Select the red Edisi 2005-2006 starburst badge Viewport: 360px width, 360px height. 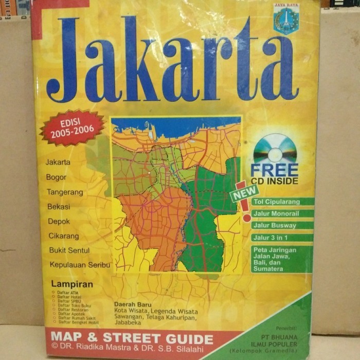coord(73,128)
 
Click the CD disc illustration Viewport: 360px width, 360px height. coord(274,149)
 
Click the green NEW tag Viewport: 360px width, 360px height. coord(244,193)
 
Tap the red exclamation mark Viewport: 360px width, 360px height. coord(246,206)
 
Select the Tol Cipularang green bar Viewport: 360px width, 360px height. coord(282,202)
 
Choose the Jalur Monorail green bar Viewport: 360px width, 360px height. coord(282,213)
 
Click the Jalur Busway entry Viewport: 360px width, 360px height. coord(282,225)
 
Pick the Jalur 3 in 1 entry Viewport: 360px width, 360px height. coord(282,238)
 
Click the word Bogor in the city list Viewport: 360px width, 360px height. coord(57,177)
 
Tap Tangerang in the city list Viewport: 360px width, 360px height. coord(65,192)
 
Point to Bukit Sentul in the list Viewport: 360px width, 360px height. coord(69,250)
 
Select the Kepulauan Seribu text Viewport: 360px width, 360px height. coord(79,265)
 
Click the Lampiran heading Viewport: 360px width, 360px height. coord(72,284)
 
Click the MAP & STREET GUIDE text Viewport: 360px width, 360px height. coord(131,339)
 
